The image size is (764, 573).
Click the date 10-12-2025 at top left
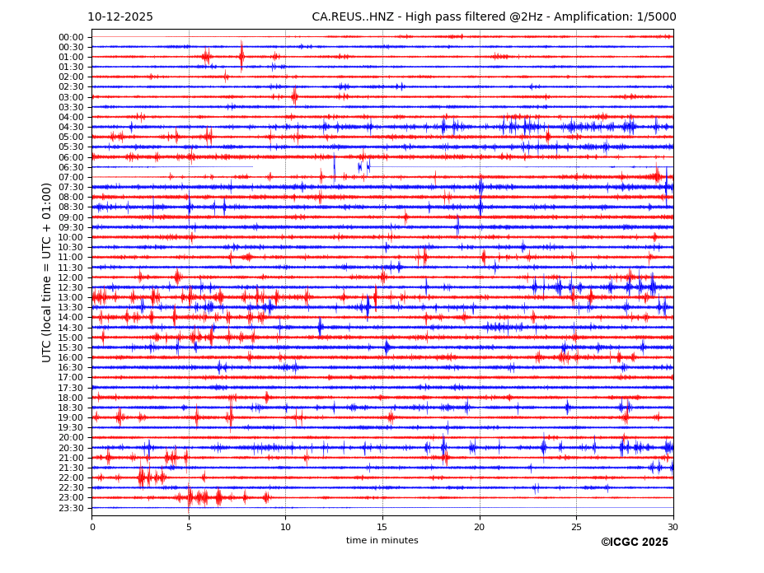click(120, 17)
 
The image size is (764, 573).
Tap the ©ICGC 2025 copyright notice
click(634, 543)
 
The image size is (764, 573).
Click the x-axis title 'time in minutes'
click(382, 541)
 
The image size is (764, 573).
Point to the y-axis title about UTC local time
click(47, 273)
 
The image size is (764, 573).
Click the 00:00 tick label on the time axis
click(71, 37)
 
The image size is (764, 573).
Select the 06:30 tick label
click(71, 167)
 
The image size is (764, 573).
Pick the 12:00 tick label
click(71, 277)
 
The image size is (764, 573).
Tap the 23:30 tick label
click(71, 508)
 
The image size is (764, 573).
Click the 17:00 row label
click(71, 378)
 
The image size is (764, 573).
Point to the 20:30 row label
click(71, 448)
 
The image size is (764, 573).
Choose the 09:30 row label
click(71, 227)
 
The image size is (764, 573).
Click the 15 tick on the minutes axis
click(382, 527)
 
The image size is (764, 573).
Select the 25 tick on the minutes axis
click(576, 527)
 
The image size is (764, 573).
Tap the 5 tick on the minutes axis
click(189, 527)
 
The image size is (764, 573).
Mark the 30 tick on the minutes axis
click(673, 527)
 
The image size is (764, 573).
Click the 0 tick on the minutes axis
click(92, 527)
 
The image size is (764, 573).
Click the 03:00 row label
click(71, 97)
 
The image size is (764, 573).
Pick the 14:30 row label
click(71, 328)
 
